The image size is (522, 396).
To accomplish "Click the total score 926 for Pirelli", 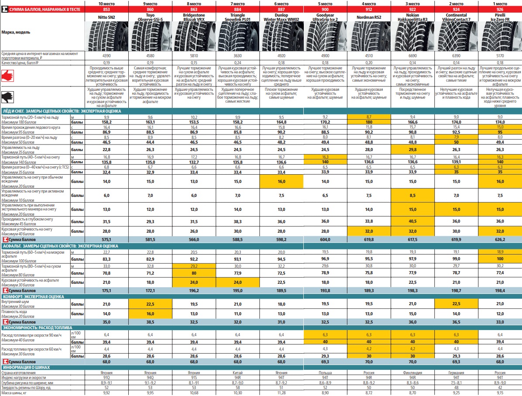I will (500, 9).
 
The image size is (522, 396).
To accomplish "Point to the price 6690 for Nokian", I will (412, 56).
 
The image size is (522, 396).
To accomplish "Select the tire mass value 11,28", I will (282, 393).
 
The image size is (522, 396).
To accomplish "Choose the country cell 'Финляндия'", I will (412, 372).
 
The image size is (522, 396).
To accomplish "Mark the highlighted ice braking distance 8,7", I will (369, 117).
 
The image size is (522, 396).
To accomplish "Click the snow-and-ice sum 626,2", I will (500, 239).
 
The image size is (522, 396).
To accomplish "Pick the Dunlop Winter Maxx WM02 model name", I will (282, 17).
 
